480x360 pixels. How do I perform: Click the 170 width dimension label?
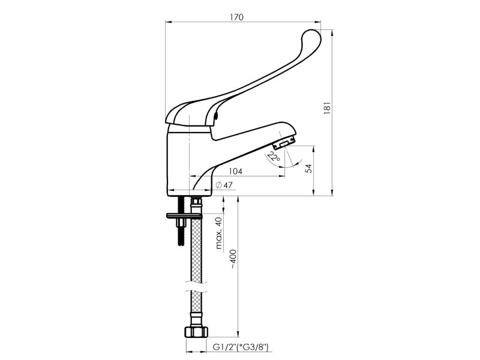click(236, 17)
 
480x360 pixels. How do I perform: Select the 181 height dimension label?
click(327, 108)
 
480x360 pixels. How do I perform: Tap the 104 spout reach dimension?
click(235, 171)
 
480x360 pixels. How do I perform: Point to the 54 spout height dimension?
click(309, 169)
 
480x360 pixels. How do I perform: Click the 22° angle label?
click(273, 157)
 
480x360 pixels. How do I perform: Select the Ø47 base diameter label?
click(224, 185)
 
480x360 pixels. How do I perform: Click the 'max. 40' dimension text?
click(218, 233)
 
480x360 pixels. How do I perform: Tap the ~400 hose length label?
click(233, 259)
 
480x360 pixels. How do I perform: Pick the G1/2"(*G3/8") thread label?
click(241, 347)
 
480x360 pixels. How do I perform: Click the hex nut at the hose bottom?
click(196, 332)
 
